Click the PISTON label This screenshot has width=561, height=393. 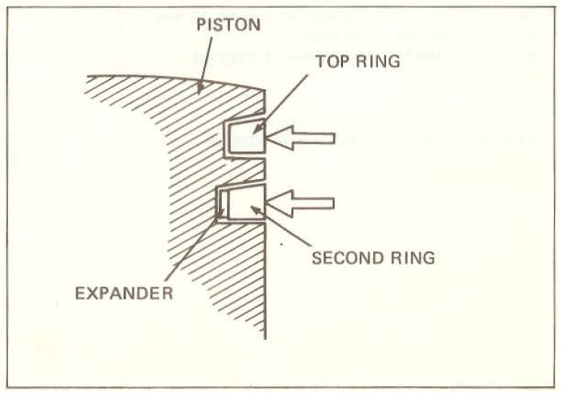229,25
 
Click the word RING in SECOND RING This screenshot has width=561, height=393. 413,258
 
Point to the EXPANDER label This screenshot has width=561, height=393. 124,294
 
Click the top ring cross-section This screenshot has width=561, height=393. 247,138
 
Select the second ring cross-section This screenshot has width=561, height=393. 246,202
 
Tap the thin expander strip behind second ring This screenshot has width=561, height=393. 223,203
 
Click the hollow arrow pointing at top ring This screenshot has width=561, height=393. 301,138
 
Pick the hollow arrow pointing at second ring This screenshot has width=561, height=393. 301,203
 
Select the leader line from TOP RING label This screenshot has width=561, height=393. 280,104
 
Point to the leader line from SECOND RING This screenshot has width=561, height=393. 280,226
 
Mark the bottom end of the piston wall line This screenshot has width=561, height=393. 265,339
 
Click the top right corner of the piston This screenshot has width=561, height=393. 264,90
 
